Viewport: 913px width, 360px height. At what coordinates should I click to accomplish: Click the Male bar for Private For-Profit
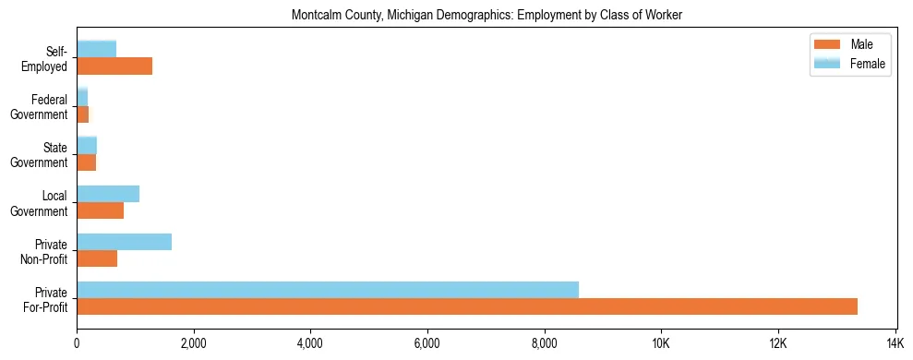coord(467,306)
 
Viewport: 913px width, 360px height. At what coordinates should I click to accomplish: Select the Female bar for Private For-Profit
coord(328,290)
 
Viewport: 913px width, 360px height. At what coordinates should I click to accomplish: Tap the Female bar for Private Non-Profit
coord(124,242)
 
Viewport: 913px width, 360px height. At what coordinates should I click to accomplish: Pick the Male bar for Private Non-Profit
coord(97,258)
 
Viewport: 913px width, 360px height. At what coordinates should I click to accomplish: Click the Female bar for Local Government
coord(108,194)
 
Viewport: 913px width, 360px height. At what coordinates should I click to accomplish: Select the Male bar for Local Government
coord(100,210)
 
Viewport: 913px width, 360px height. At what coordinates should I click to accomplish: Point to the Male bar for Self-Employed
coord(114,66)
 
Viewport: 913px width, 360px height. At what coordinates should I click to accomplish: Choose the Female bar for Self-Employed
coord(96,49)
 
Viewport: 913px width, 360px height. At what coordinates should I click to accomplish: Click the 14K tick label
coord(895,343)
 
